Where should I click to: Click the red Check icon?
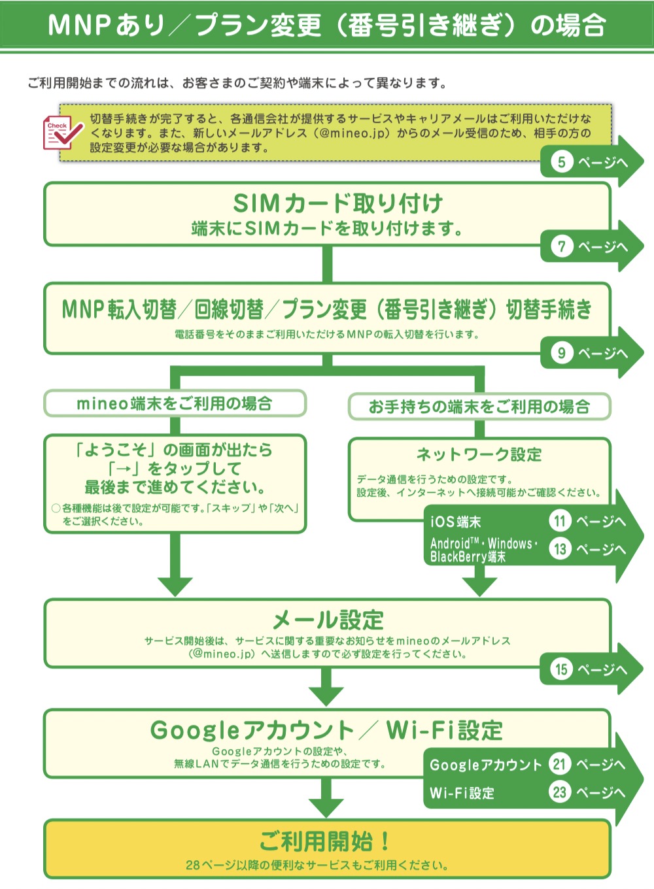click(62, 133)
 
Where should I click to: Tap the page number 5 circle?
click(561, 161)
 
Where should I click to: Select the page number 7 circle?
click(561, 246)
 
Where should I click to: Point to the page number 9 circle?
click(561, 353)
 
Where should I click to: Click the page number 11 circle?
click(560, 521)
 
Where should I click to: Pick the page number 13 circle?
click(560, 549)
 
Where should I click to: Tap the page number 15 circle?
click(561, 669)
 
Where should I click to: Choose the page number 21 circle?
click(559, 764)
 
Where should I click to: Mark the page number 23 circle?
click(559, 792)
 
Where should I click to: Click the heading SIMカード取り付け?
click(338, 203)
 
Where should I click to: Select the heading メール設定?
click(328, 620)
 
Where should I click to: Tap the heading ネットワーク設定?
click(479, 454)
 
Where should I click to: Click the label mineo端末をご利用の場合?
click(175, 403)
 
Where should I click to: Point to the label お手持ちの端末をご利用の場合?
click(479, 407)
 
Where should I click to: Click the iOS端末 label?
click(456, 522)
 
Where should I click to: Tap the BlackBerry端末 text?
click(468, 557)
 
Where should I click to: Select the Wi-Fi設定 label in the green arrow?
click(462, 793)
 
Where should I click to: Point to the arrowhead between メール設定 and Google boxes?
click(326, 696)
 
